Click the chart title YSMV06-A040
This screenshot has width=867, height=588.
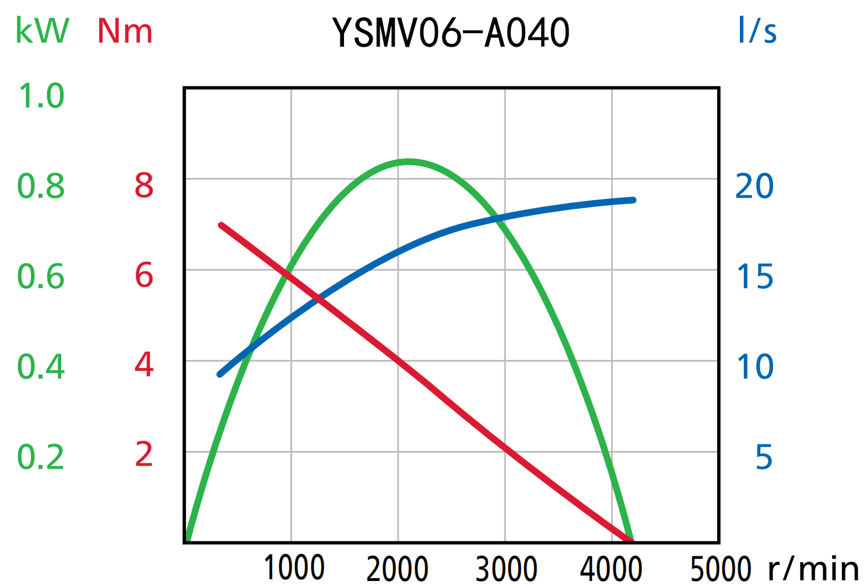[x=451, y=33]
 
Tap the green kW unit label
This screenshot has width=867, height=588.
[x=42, y=30]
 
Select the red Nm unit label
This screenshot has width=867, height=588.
[x=125, y=32]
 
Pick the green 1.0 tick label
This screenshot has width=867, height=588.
[x=41, y=96]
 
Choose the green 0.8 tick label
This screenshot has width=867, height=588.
[x=41, y=187]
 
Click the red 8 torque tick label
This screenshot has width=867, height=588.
[x=144, y=186]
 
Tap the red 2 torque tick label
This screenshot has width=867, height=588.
[x=144, y=455]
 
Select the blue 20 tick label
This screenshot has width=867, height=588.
[x=754, y=187]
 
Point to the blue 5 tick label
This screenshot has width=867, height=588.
[x=764, y=457]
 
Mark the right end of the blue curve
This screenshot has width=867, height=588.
[x=633, y=200]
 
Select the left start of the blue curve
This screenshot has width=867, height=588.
[x=220, y=374]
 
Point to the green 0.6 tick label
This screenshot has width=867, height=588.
[x=41, y=276]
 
